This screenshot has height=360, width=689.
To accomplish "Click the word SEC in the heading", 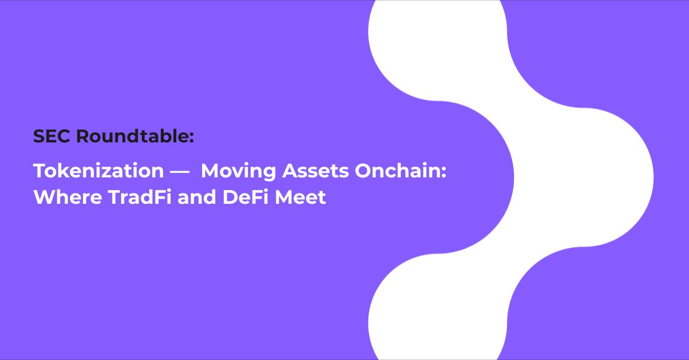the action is click(x=52, y=136).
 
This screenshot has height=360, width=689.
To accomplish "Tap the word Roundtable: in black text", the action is click(x=135, y=136).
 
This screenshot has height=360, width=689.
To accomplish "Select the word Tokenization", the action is click(x=98, y=171).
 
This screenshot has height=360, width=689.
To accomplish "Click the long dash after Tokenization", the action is click(x=180, y=172).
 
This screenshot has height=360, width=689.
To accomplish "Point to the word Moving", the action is click(x=238, y=171).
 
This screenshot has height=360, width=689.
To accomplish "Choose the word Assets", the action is click(x=316, y=171).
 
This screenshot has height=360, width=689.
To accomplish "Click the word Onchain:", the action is click(x=401, y=171).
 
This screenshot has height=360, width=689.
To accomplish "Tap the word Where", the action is click(x=68, y=197).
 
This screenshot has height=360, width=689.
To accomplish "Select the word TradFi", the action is click(x=140, y=197).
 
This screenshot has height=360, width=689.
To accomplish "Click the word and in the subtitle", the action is click(x=197, y=197).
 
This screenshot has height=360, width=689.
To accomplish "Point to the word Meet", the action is click(x=300, y=197).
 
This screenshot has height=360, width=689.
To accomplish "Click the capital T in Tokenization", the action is click(x=40, y=171).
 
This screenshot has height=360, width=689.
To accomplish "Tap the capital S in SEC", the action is click(x=39, y=136).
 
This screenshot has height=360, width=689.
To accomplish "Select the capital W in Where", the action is click(x=45, y=197).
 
